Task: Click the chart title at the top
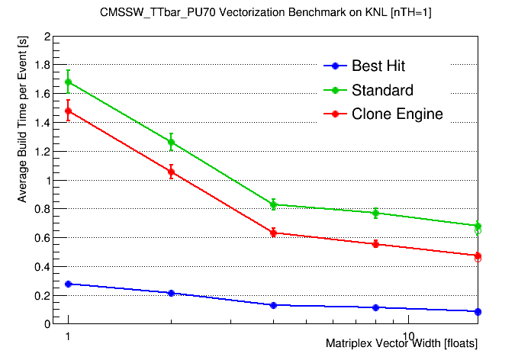(x=265, y=13)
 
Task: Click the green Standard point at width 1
(x=69, y=82)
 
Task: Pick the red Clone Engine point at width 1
(x=69, y=111)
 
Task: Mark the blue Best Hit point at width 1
(x=69, y=284)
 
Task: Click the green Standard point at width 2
(x=171, y=142)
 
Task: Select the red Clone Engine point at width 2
(x=171, y=172)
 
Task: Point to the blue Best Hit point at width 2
(x=171, y=293)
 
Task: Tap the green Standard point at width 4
(x=273, y=204)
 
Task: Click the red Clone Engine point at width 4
(x=273, y=233)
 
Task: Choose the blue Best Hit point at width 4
(x=273, y=305)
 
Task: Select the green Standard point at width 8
(x=375, y=213)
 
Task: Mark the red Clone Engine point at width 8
(x=375, y=244)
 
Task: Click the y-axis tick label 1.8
(x=43, y=66)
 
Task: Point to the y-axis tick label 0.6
(x=43, y=238)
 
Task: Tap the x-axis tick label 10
(x=407, y=336)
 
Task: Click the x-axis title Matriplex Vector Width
(x=401, y=344)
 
